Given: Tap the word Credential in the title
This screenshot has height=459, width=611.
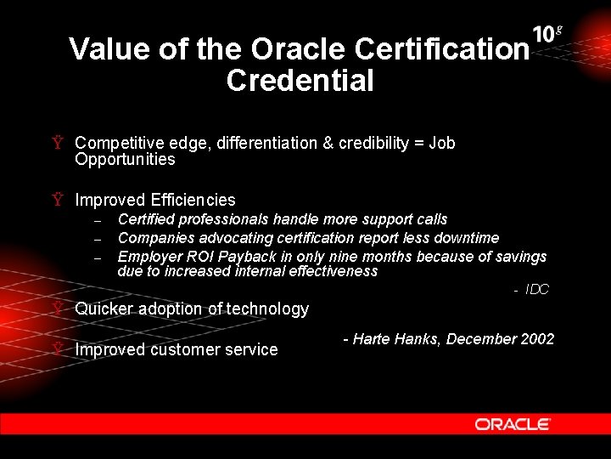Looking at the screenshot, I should point(300,81).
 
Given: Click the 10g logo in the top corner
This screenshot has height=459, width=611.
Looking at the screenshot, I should point(547,34).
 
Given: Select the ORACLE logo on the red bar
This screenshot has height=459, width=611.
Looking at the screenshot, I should point(513,423).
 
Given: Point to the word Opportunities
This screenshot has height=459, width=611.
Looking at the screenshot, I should point(125,159).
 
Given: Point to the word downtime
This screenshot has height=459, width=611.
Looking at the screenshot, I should point(464,238).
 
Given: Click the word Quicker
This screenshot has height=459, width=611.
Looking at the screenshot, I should point(104,309).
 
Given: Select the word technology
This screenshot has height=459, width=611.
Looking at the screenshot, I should point(271,309).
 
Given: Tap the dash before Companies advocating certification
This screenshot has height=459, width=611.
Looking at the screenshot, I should point(98,239).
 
